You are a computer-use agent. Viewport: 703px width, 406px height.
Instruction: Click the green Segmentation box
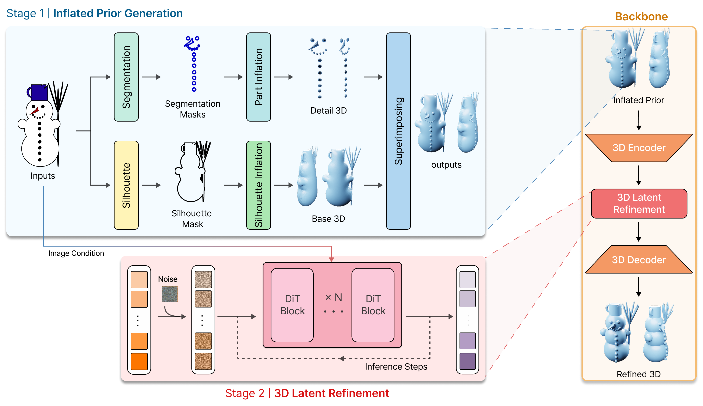126,77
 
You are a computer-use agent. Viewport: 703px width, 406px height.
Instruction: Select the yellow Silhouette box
126,185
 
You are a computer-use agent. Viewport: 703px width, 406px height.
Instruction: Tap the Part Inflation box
258,77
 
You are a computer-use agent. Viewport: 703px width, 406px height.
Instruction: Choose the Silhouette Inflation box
258,185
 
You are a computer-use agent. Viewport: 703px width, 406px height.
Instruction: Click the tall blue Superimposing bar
398,131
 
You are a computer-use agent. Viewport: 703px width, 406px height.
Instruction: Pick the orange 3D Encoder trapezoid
639,148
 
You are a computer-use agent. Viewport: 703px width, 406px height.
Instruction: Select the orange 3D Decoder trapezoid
639,260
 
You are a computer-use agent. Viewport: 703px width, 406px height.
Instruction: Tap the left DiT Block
292,305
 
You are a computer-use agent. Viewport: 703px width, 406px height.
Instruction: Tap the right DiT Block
373,305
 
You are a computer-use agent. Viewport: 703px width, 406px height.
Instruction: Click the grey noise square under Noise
169,294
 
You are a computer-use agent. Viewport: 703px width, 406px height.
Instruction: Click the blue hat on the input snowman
39,92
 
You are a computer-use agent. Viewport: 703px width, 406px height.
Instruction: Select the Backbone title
641,17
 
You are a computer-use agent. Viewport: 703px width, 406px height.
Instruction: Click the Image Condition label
76,253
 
